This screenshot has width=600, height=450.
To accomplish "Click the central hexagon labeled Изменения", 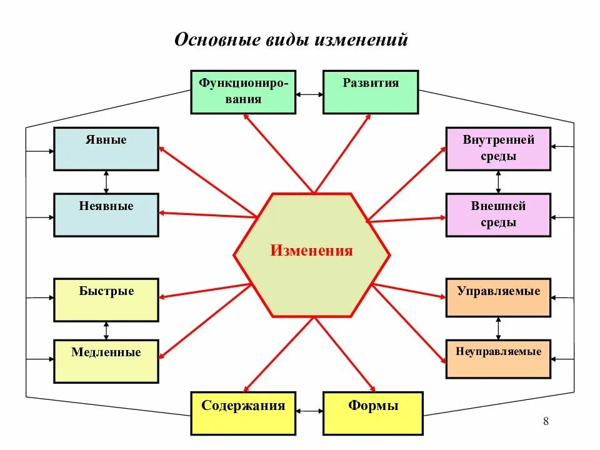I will pyautogui.click(x=312, y=254).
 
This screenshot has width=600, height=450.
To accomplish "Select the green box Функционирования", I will pyautogui.click(x=243, y=92).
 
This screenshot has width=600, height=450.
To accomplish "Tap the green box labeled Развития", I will pyautogui.click(x=371, y=92).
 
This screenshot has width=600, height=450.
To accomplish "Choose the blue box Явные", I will pyautogui.click(x=106, y=149).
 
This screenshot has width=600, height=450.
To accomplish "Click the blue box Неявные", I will pyautogui.click(x=106, y=215).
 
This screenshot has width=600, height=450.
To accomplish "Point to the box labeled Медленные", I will pyautogui.click(x=106, y=361).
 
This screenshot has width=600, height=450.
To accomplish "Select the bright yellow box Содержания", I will pyautogui.click(x=243, y=413).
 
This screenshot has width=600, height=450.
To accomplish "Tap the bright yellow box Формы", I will pyautogui.click(x=373, y=413).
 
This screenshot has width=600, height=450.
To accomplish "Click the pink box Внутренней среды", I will pyautogui.click(x=498, y=149).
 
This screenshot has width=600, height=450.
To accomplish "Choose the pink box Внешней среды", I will pyautogui.click(x=498, y=215).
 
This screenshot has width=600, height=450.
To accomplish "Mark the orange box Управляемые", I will pyautogui.click(x=498, y=297).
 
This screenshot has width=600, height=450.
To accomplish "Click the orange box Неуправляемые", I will pyautogui.click(x=498, y=359).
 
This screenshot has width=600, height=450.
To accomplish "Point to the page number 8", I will pyautogui.click(x=546, y=421).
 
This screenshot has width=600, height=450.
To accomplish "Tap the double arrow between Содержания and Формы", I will pyautogui.click(x=309, y=411).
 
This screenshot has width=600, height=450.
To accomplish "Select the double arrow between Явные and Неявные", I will pyautogui.click(x=106, y=181).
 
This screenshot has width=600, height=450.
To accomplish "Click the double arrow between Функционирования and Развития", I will pyautogui.click(x=309, y=94).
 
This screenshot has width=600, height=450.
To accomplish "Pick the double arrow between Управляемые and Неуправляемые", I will pyautogui.click(x=498, y=328).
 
